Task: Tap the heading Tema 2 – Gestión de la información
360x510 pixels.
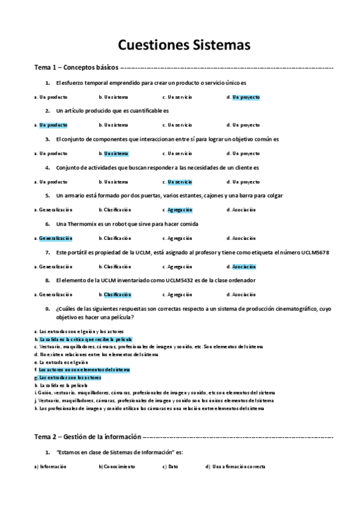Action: point(87,437)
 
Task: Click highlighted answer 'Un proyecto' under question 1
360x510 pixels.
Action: point(246,97)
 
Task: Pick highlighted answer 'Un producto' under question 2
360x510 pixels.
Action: point(53,125)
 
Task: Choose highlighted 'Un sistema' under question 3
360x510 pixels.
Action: point(116,153)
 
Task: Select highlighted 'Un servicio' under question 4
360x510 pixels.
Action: point(180,182)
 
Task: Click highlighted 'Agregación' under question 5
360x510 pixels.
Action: point(180,210)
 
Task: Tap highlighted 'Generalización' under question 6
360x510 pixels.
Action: point(55,238)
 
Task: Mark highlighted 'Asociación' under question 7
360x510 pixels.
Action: point(244,266)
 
